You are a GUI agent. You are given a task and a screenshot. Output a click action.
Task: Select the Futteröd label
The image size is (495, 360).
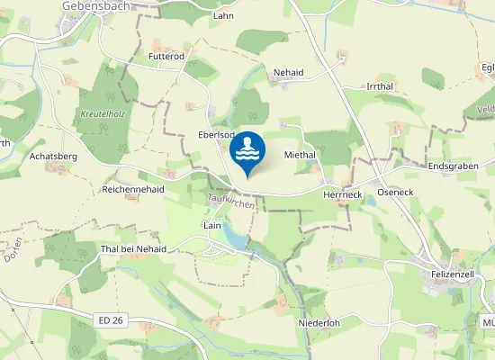point(166,57)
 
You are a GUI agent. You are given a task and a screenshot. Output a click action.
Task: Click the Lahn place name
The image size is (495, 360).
point(223,16)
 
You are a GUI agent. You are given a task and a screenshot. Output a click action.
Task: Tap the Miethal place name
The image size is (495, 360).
point(300,155)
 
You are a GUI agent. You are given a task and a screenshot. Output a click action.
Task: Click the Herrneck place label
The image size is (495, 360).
point(343,193)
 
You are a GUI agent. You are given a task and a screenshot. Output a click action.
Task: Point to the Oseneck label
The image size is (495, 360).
point(394,193)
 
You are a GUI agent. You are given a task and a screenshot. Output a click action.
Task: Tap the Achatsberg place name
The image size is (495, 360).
point(54,156)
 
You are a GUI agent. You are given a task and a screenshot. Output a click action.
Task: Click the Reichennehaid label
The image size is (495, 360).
point(133,190)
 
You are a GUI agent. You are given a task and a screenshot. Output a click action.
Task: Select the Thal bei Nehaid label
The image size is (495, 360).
point(134,248)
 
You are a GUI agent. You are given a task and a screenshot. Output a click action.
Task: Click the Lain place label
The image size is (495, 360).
point(212,225)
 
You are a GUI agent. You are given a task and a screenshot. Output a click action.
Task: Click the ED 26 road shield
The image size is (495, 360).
point(108,319)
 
